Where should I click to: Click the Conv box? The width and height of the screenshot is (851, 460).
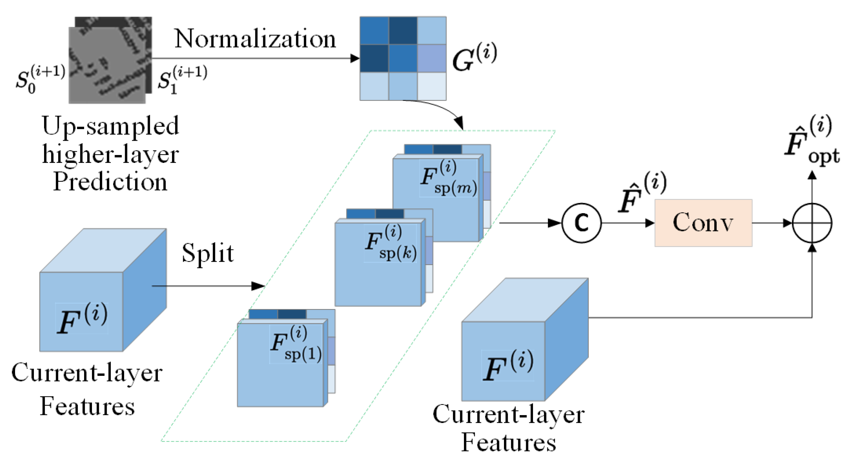[704, 223]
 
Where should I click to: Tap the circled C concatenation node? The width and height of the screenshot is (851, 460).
[582, 223]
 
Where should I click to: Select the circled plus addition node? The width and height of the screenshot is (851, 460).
[812, 223]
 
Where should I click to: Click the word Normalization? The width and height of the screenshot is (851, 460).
[255, 39]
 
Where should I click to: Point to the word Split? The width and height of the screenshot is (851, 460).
[208, 253]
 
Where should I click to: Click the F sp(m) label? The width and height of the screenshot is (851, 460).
[448, 178]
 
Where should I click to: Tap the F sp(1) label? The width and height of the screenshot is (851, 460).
[296, 344]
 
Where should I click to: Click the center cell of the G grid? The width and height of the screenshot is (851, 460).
[403, 58]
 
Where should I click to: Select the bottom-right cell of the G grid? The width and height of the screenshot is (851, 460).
[431, 86]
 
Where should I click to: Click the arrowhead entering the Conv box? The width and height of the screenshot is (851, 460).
[650, 223]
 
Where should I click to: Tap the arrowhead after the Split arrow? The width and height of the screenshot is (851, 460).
[258, 286]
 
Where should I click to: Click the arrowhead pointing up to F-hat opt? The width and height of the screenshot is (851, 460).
[812, 176]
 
